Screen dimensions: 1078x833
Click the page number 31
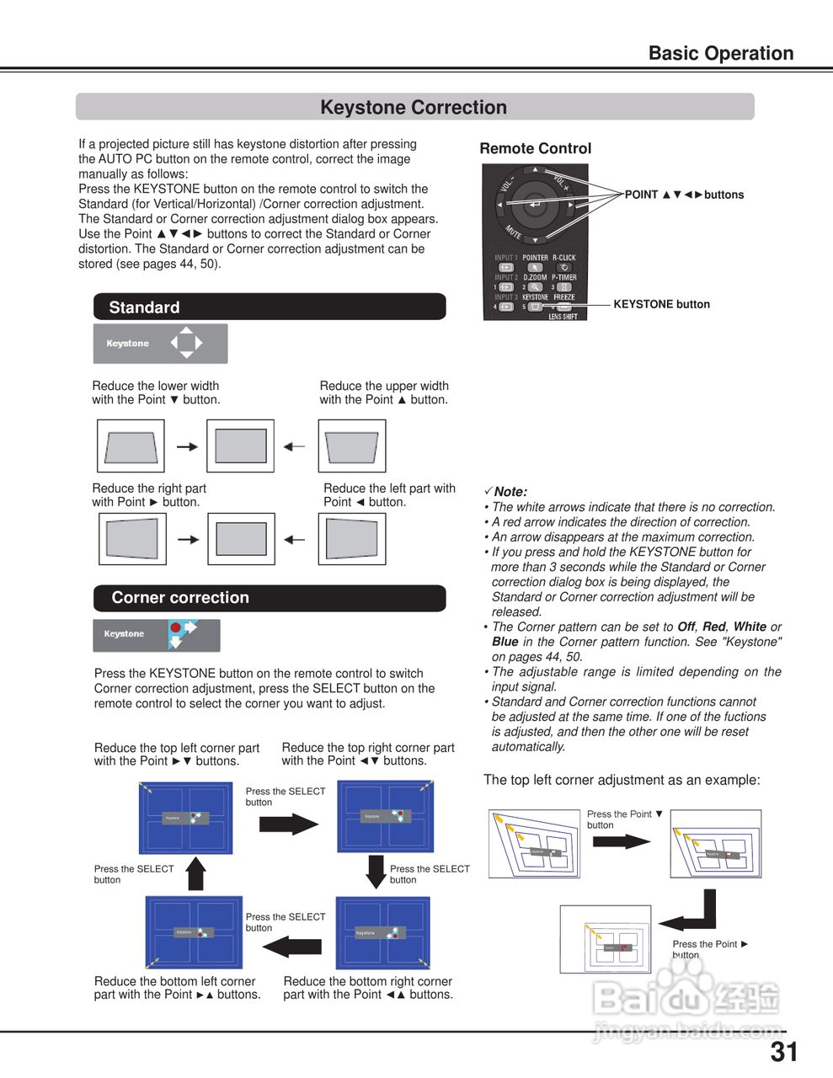783,1052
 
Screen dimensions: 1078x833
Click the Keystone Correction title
414,108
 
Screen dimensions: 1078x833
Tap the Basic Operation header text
720,53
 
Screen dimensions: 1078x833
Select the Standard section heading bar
269,307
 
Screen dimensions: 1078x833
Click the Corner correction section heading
269,598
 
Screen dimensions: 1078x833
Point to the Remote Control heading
535,148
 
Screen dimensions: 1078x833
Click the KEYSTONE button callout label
661,304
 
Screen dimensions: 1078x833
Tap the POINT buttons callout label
684,195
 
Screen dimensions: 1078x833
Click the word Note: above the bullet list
510,492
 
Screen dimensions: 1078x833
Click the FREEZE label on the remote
564,297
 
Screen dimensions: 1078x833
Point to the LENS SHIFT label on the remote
563,317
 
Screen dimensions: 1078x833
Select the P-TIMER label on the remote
564,277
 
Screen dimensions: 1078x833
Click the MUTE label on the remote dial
513,231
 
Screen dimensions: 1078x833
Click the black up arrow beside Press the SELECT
196,873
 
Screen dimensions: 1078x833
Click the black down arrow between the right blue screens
376,872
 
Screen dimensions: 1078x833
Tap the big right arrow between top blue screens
288,823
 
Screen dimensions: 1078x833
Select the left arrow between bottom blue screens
291,947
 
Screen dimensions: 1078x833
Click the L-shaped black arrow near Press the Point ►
693,913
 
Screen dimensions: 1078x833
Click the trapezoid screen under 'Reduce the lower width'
131,446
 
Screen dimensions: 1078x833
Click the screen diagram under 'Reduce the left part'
351,539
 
